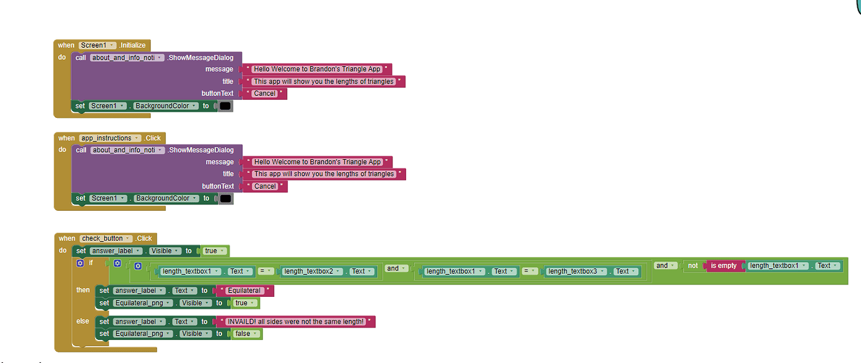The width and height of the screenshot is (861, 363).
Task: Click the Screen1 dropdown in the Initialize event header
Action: point(98,46)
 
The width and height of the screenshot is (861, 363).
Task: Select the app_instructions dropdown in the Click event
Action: point(105,138)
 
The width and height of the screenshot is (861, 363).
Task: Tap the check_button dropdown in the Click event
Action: point(106,238)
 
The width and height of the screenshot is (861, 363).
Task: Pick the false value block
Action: point(245,334)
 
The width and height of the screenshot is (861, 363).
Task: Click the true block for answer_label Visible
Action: point(213,251)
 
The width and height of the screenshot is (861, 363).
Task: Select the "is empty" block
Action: point(724,266)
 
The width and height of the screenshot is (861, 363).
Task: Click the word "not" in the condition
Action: point(693,266)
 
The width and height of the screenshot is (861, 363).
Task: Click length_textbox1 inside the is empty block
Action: point(777,266)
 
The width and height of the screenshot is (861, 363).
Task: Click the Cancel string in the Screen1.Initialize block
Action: point(265,94)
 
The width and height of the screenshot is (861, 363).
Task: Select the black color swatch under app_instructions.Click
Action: point(225,198)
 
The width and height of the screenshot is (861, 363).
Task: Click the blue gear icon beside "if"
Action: point(80,263)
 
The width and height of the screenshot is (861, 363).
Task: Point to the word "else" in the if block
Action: point(83,321)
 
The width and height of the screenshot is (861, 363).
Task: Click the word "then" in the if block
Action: point(83,290)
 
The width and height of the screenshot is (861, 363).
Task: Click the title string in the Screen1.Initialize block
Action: point(323,82)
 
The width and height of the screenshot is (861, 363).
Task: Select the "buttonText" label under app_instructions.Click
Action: point(218,186)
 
